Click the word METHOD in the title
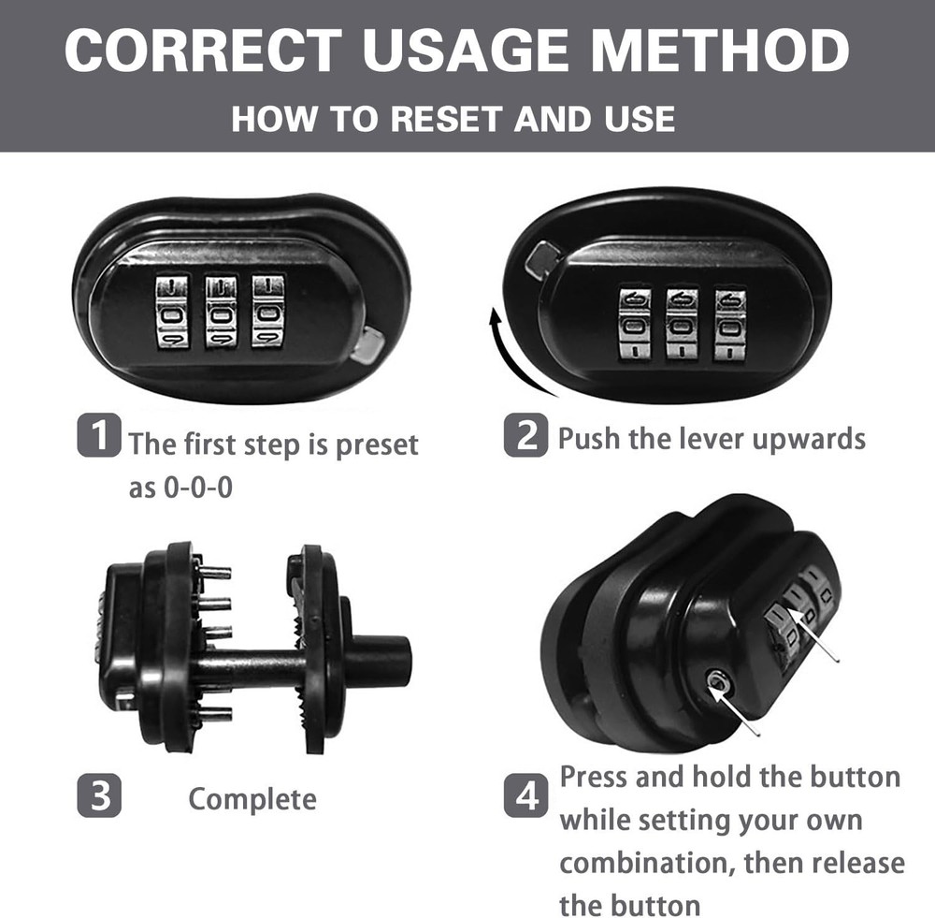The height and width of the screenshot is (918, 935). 720,51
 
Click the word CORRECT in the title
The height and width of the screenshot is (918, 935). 203,51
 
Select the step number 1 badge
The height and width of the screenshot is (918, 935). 99,435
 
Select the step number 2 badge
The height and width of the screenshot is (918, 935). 525,435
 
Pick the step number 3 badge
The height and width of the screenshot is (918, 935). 99,795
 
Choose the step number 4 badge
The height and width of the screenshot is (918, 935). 525,795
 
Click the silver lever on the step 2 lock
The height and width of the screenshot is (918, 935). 542,261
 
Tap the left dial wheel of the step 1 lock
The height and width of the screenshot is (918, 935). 171,311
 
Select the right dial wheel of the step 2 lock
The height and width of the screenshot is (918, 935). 730,326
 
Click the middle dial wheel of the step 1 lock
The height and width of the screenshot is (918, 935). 220,311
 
